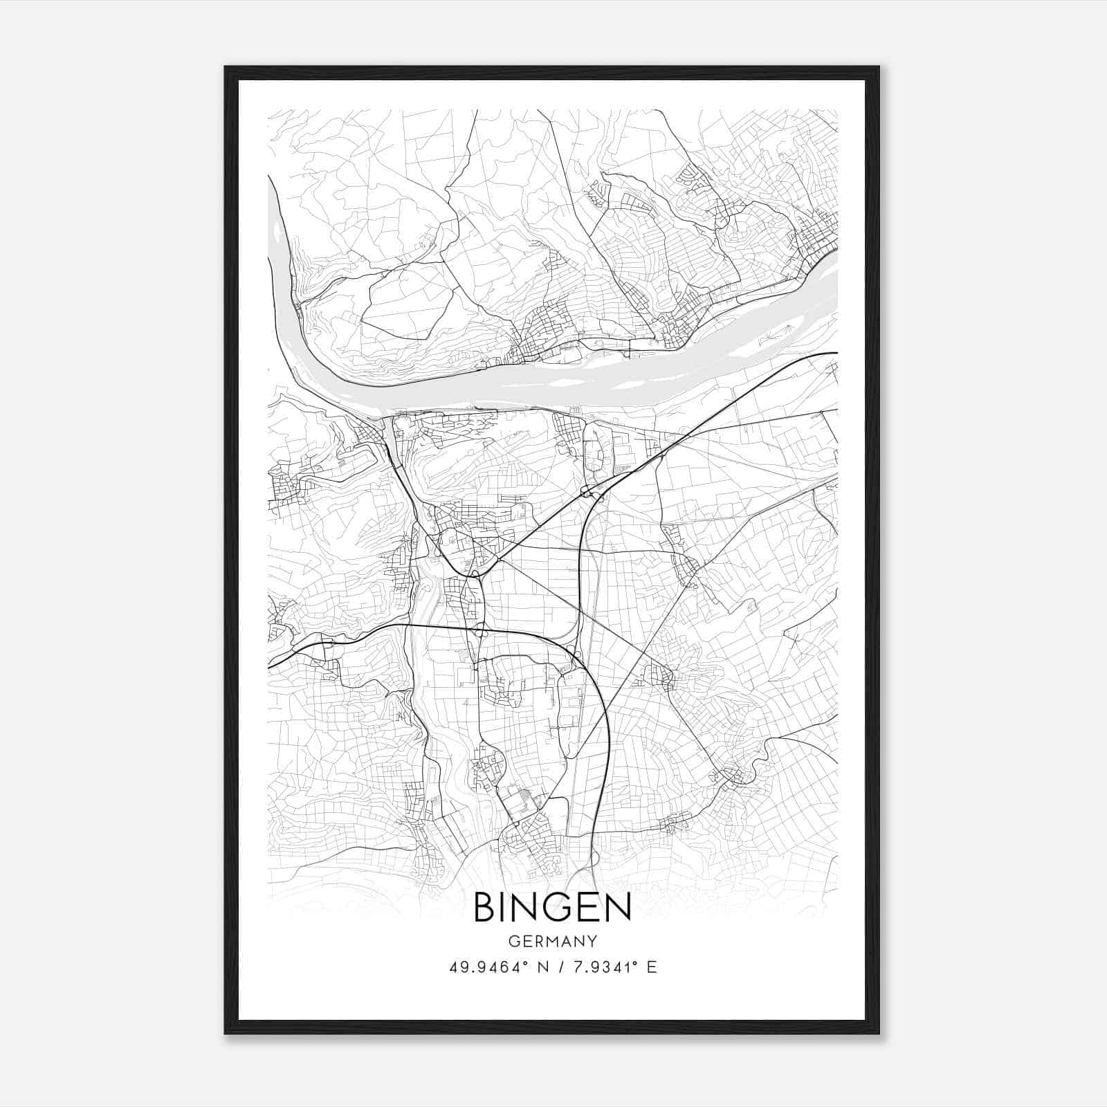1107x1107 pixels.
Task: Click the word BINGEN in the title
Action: click(x=552, y=908)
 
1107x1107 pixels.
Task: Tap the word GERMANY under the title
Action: click(x=552, y=942)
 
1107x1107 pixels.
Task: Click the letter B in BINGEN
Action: click(x=484, y=908)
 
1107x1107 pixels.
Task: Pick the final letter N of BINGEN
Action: click(x=619, y=908)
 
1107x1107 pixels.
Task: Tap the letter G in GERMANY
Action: click(x=513, y=942)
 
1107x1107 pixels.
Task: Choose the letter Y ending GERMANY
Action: click(x=592, y=942)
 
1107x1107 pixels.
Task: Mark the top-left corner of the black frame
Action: click(x=226, y=67)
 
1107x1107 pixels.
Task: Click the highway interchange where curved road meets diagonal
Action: click(x=588, y=493)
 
